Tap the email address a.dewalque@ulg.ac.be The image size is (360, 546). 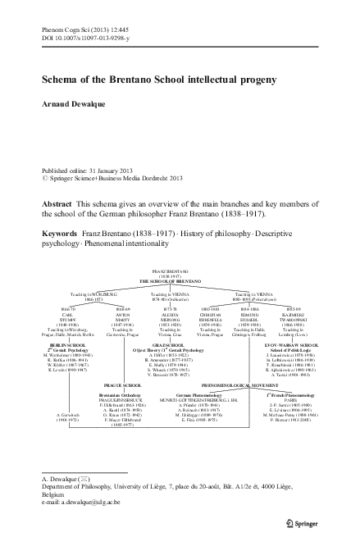point(73,515)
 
